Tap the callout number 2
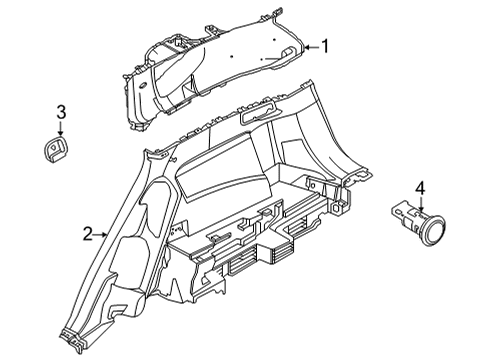[x=88, y=234]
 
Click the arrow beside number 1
[x=308, y=47]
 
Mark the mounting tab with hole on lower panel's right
[x=345, y=207]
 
